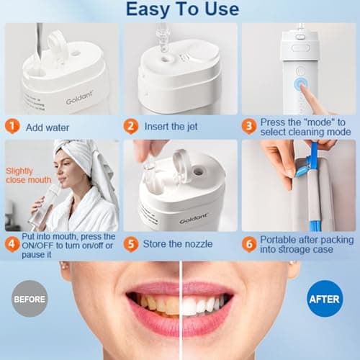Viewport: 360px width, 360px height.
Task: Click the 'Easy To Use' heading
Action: [182, 9]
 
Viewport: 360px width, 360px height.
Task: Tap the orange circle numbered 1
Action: [12, 126]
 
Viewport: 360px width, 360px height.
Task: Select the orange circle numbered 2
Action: [130, 126]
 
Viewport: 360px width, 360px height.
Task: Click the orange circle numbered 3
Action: [249, 126]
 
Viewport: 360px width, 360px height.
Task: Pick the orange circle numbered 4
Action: [12, 243]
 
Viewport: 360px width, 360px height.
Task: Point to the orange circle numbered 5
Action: [130, 243]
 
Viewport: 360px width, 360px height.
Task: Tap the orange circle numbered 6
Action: [249, 243]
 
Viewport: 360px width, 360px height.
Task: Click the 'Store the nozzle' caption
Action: [178, 243]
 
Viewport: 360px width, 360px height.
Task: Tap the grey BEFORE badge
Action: [30, 297]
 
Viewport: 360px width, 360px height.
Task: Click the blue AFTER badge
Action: [325, 297]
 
